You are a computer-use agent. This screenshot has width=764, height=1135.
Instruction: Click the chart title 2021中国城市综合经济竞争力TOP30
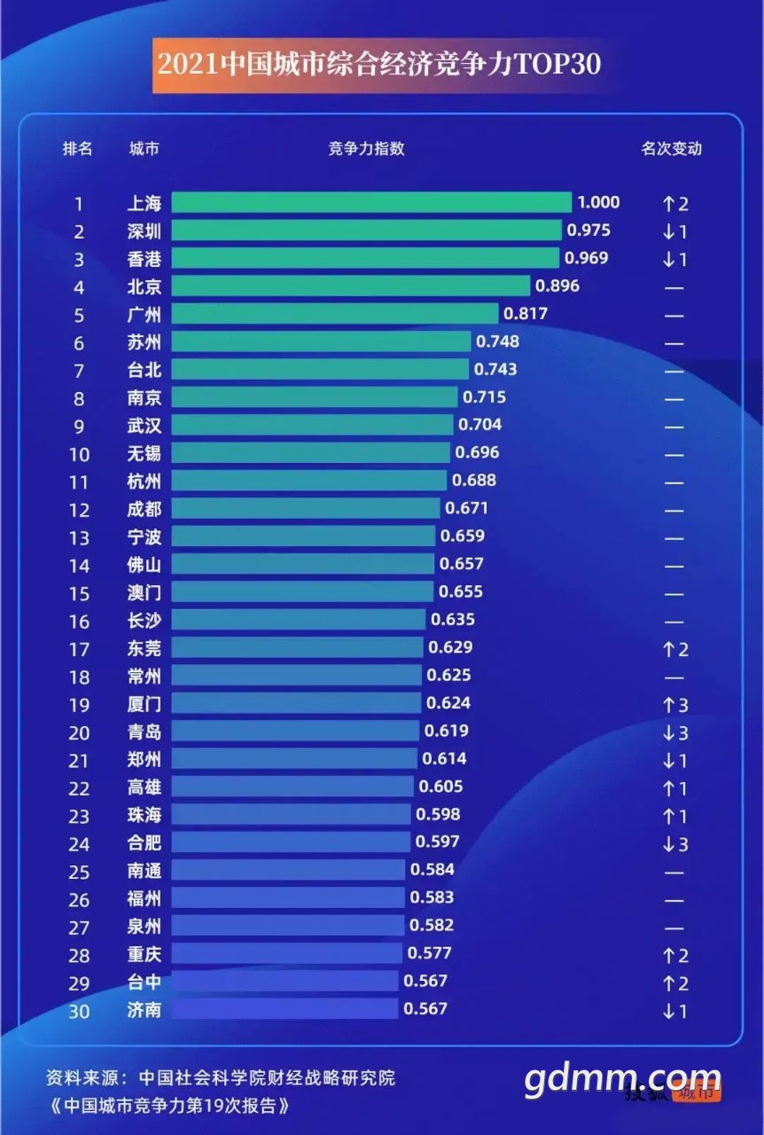pyautogui.click(x=379, y=65)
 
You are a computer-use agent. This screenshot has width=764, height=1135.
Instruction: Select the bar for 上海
pyautogui.click(x=371, y=202)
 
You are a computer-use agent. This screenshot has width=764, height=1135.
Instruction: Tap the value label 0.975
pyautogui.click(x=589, y=231)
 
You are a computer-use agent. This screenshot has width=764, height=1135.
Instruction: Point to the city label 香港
pyautogui.click(x=144, y=259)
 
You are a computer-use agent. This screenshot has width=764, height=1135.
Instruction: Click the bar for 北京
pyautogui.click(x=351, y=286)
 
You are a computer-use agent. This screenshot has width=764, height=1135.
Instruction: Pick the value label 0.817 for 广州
pyautogui.click(x=526, y=314)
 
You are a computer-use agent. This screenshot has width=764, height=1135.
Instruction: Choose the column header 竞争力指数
pyautogui.click(x=366, y=148)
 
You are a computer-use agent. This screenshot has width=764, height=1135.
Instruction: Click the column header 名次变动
pyautogui.click(x=671, y=148)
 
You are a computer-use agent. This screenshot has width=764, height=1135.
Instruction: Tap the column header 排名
pyautogui.click(x=77, y=148)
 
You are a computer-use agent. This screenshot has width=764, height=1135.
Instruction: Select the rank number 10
pyautogui.click(x=79, y=454)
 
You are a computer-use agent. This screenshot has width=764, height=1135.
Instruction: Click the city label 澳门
pyautogui.click(x=144, y=592)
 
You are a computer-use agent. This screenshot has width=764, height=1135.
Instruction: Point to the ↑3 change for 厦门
pyautogui.click(x=674, y=705)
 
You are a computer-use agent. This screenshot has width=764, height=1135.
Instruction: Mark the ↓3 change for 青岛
pyautogui.click(x=674, y=733)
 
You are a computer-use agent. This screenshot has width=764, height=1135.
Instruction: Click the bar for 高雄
pyautogui.click(x=292, y=787)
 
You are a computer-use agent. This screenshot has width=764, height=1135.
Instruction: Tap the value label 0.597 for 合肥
pyautogui.click(x=438, y=841)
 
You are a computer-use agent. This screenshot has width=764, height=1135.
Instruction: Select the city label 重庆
pyautogui.click(x=144, y=954)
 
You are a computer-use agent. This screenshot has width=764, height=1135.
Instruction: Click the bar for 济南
pyautogui.click(x=285, y=1009)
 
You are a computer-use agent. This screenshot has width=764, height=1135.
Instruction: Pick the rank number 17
pyautogui.click(x=79, y=650)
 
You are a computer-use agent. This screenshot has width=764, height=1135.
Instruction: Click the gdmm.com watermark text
pyautogui.click(x=622, y=1079)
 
